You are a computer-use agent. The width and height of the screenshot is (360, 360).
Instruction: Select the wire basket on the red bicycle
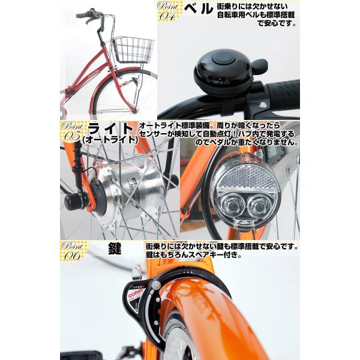(133, 49)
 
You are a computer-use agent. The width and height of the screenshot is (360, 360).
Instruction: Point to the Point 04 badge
(168, 12)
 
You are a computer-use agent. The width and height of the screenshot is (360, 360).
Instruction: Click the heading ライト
(112, 129)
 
